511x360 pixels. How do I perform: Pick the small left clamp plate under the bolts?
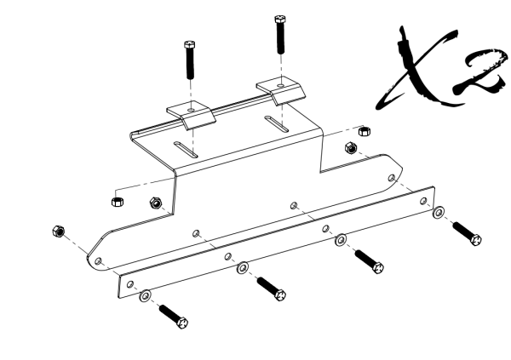(190, 113)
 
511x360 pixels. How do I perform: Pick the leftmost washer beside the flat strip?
(146, 294)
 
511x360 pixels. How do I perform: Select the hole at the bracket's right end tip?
(390, 177)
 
